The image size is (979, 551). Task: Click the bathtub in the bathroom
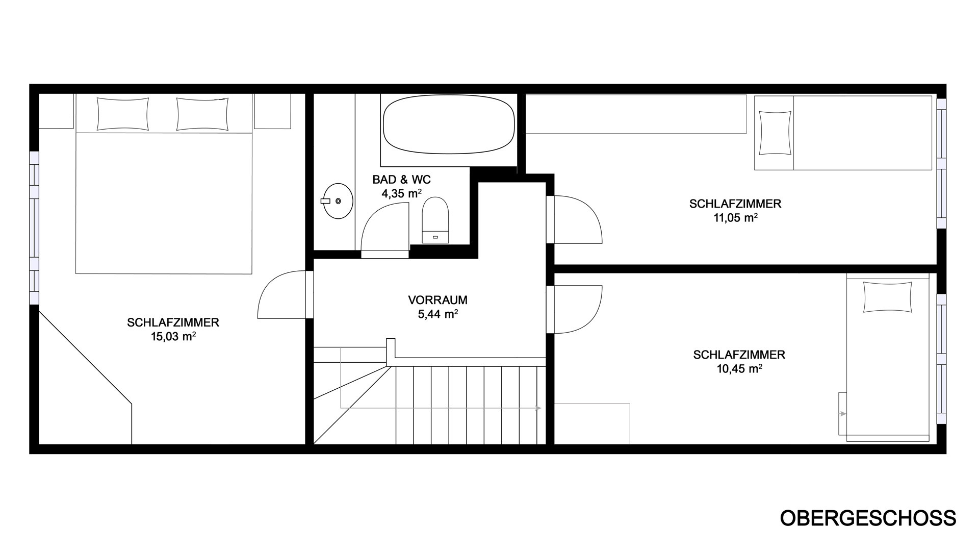tap(448, 126)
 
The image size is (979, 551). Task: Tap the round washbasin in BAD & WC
tap(337, 201)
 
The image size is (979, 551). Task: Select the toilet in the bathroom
tap(435, 220)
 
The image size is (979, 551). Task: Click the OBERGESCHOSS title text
tap(868, 518)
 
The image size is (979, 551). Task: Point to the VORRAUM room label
tap(437, 300)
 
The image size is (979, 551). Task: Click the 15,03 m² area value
tap(173, 336)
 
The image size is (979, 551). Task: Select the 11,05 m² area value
tap(735, 217)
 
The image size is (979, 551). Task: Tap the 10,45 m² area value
tap(739, 368)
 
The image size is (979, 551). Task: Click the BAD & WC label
tap(402, 180)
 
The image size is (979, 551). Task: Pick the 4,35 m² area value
tap(402, 193)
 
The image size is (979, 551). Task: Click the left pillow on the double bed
tap(122, 114)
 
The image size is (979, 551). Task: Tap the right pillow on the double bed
tap(202, 114)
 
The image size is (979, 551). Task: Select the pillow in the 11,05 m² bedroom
tap(775, 133)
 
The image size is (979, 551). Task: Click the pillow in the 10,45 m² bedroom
tap(888, 296)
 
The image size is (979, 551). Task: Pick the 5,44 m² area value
tap(437, 314)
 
